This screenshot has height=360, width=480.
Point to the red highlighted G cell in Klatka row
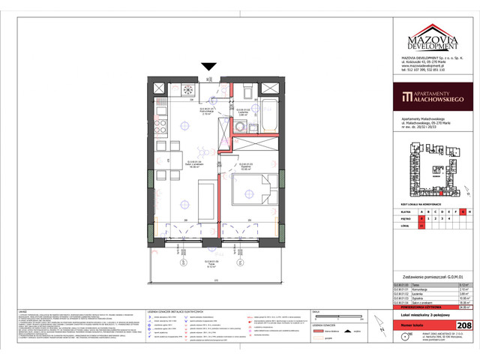click(x=463, y=211)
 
